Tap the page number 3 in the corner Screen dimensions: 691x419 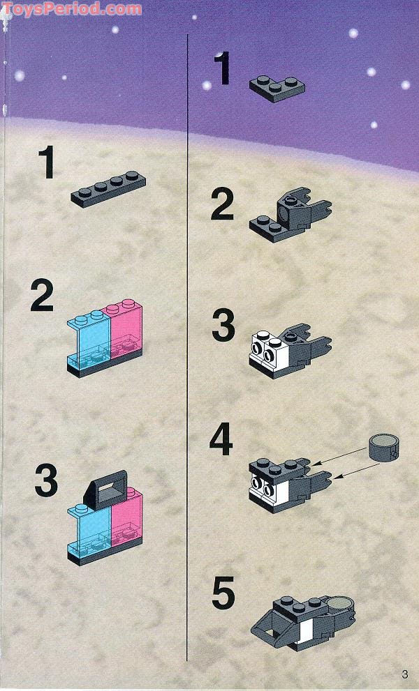coord(404,674)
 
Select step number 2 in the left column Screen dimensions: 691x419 coord(43,297)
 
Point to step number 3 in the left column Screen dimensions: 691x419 coord(46,480)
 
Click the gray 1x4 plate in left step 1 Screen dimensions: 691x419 coord(108,188)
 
